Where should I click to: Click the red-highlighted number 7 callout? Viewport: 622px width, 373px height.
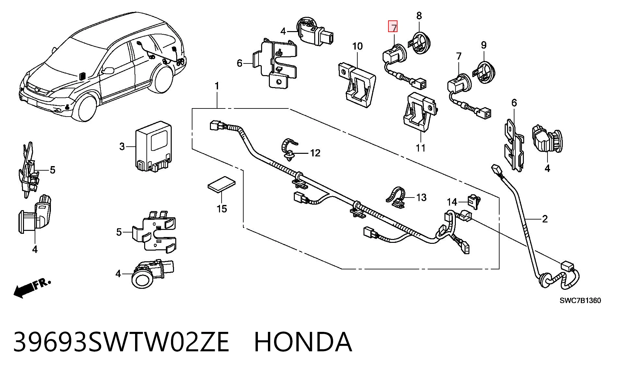pyautogui.click(x=393, y=27)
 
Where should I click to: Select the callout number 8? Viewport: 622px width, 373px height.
pyautogui.click(x=419, y=15)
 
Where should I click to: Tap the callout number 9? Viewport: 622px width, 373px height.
pyautogui.click(x=484, y=45)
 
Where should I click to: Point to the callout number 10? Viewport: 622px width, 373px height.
pyautogui.click(x=358, y=46)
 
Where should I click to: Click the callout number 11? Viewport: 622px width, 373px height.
pyautogui.click(x=420, y=148)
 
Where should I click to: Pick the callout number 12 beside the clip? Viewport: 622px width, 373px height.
pyautogui.click(x=315, y=153)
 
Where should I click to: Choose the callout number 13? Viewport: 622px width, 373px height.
pyautogui.click(x=421, y=197)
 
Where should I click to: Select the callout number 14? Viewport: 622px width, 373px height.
pyautogui.click(x=452, y=202)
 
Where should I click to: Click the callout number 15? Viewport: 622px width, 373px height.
pyautogui.click(x=222, y=209)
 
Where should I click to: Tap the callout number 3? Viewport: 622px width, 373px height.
pyautogui.click(x=122, y=147)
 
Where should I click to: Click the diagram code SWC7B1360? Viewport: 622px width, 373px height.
pyautogui.click(x=580, y=300)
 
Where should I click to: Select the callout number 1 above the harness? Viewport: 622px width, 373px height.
pyautogui.click(x=217, y=86)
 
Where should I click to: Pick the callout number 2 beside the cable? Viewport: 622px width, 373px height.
pyautogui.click(x=545, y=219)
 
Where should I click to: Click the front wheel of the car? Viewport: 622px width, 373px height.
pyautogui.click(x=85, y=107)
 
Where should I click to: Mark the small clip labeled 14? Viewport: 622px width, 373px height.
pyautogui.click(x=474, y=201)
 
